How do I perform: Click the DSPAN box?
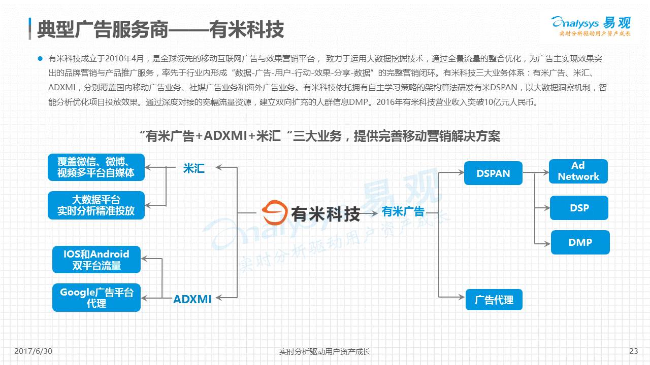pos(493,173)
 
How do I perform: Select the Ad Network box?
pos(578,171)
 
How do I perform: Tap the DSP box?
pos(579,208)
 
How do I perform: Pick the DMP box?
pos(580,242)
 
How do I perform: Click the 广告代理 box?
pos(494,300)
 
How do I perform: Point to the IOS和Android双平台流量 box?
pos(96,260)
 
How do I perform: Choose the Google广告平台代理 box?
pos(96,298)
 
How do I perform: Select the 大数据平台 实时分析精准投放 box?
pos(96,205)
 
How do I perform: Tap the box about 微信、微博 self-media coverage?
pos(96,167)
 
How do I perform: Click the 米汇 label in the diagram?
pos(193,168)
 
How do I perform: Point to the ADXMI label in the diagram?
pos(192,299)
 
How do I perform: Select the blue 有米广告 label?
pos(403,211)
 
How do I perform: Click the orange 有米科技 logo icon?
pos(275,212)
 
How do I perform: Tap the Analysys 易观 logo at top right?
pos(591,25)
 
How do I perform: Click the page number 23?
pos(633,351)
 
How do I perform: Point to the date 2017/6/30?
pos(34,351)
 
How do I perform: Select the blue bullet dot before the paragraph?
pos(40,58)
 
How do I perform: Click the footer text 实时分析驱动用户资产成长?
pos(324,351)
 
